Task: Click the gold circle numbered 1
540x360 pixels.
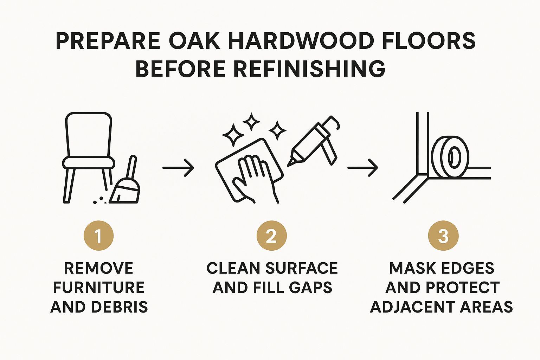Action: point(98,236)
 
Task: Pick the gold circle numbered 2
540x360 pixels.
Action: point(271,236)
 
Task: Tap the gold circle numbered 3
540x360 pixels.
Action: point(443,236)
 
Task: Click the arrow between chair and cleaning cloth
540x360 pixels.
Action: point(178,168)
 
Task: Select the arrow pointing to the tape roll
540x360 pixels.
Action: point(362,168)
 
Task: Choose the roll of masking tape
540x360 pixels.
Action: point(450,157)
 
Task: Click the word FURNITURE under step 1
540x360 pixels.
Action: point(98,288)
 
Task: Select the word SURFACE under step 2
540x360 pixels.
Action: point(302,268)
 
